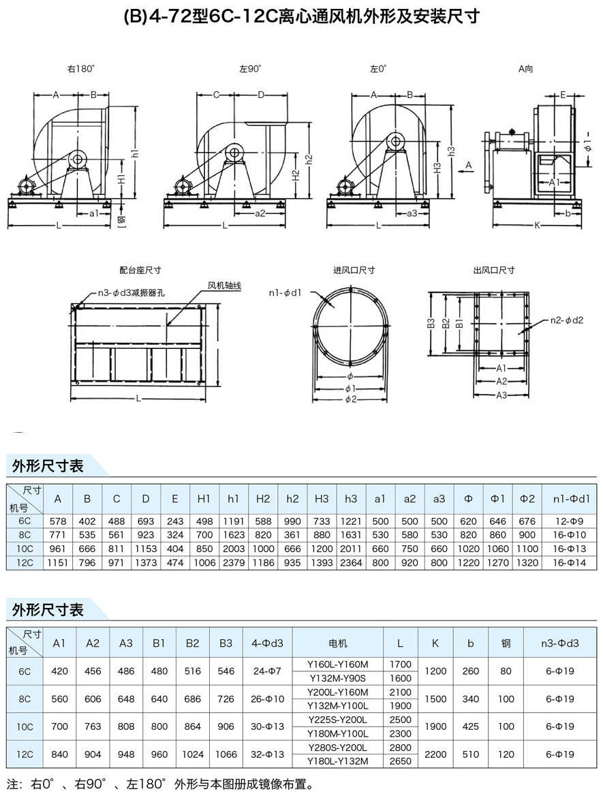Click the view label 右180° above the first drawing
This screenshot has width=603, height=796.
[x=80, y=69]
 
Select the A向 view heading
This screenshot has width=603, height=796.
[x=525, y=69]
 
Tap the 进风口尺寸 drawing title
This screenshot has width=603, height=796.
[x=354, y=271]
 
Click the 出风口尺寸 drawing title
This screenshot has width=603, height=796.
[x=494, y=271]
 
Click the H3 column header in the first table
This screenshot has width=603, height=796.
[x=322, y=499]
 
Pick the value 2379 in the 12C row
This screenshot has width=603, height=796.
[x=234, y=563]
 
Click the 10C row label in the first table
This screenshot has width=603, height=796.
[x=25, y=549]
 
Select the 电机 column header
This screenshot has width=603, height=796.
[x=338, y=643]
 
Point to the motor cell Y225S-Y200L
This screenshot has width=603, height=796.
[x=338, y=720]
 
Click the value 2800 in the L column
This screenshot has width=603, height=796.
[x=401, y=748]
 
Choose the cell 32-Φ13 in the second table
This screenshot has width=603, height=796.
[x=267, y=754]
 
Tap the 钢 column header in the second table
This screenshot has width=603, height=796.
[x=506, y=643]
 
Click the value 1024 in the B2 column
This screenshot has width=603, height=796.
[x=193, y=754]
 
